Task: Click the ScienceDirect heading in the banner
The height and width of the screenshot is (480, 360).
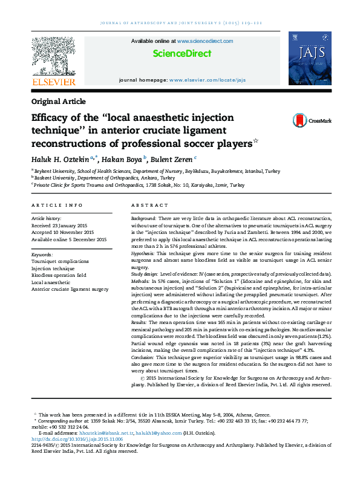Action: [x=182, y=54]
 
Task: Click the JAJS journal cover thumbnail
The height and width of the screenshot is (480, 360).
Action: [x=309, y=59]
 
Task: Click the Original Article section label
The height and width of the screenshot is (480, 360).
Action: [x=58, y=102]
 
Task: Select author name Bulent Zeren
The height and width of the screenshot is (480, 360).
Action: [x=172, y=158]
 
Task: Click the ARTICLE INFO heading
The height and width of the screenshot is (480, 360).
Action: [x=57, y=206]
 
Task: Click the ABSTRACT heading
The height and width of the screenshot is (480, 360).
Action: [x=149, y=206]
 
